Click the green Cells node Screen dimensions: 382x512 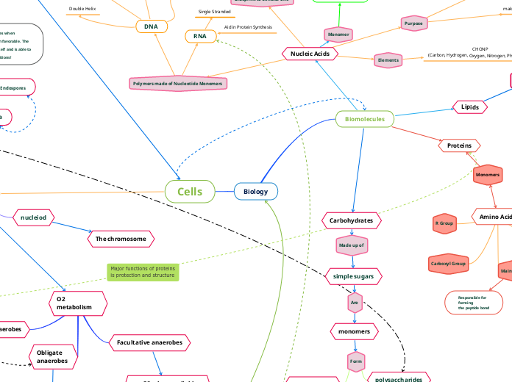[190, 192]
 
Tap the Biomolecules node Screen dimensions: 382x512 [365, 118]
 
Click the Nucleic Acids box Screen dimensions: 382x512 [310, 54]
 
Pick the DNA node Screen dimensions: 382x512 [151, 26]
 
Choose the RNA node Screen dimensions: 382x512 [200, 36]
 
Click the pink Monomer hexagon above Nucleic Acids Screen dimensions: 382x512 [338, 34]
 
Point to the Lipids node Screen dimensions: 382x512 [470, 107]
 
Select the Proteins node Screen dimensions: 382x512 [459, 145]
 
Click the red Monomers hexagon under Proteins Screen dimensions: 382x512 [488, 175]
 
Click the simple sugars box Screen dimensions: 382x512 [353, 276]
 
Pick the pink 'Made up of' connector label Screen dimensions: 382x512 [352, 244]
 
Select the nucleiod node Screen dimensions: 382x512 [34, 217]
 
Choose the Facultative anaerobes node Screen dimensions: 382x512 [150, 342]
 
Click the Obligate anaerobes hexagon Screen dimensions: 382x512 [52, 356]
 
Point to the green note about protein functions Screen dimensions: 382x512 [143, 273]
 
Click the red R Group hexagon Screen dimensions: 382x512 [445, 222]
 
